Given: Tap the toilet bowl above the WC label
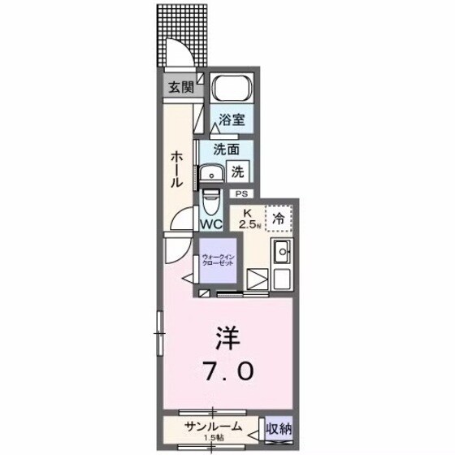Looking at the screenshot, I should coord(210,200).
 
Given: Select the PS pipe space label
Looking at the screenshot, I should coord(241,194).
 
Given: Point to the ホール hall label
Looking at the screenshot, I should coord(175,171).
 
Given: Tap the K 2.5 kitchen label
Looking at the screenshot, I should coord(249,220).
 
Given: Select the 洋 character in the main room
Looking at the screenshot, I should coord(227,336).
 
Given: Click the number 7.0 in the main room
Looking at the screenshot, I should coord(227,372).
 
